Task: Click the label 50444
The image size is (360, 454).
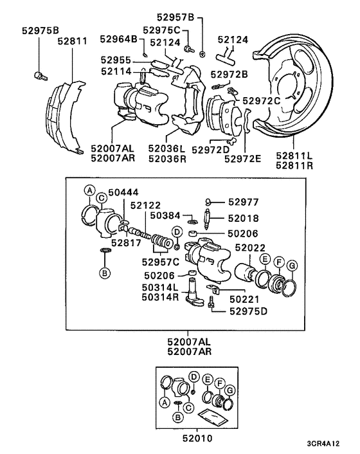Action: pos(123,191)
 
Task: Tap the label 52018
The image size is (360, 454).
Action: pos(243,218)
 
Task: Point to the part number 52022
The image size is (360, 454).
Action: pos(249,248)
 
